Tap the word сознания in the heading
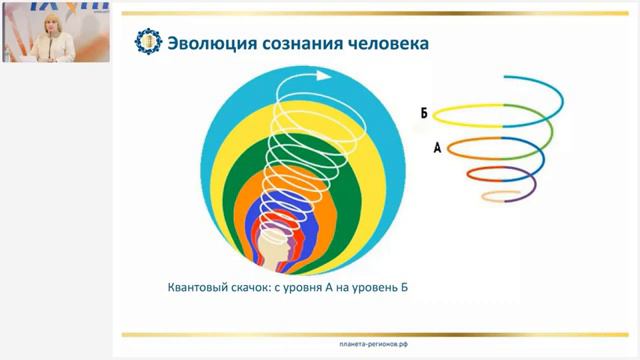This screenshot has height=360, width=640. click(292, 44)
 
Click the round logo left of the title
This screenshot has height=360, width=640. click(149, 43)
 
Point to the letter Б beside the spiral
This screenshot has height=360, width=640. click(424, 114)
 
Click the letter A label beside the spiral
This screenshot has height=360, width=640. click(438, 147)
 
